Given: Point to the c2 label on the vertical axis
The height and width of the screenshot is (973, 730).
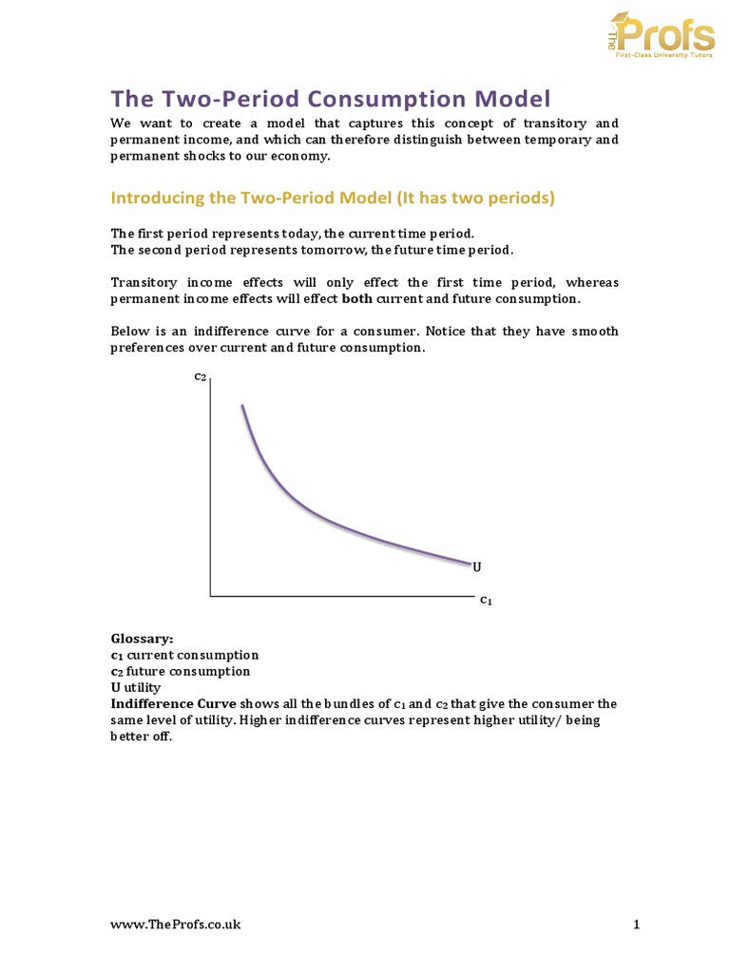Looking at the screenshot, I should tap(200, 376).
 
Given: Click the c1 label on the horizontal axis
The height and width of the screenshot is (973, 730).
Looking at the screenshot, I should tap(486, 600).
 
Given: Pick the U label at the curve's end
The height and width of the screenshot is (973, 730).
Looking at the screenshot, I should tap(476, 567).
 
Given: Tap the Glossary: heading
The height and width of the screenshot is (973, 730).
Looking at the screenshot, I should tap(143, 639).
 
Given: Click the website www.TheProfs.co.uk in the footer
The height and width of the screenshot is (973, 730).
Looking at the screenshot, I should tap(176, 925).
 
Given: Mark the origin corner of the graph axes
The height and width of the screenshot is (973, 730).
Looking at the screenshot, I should tap(210, 596).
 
